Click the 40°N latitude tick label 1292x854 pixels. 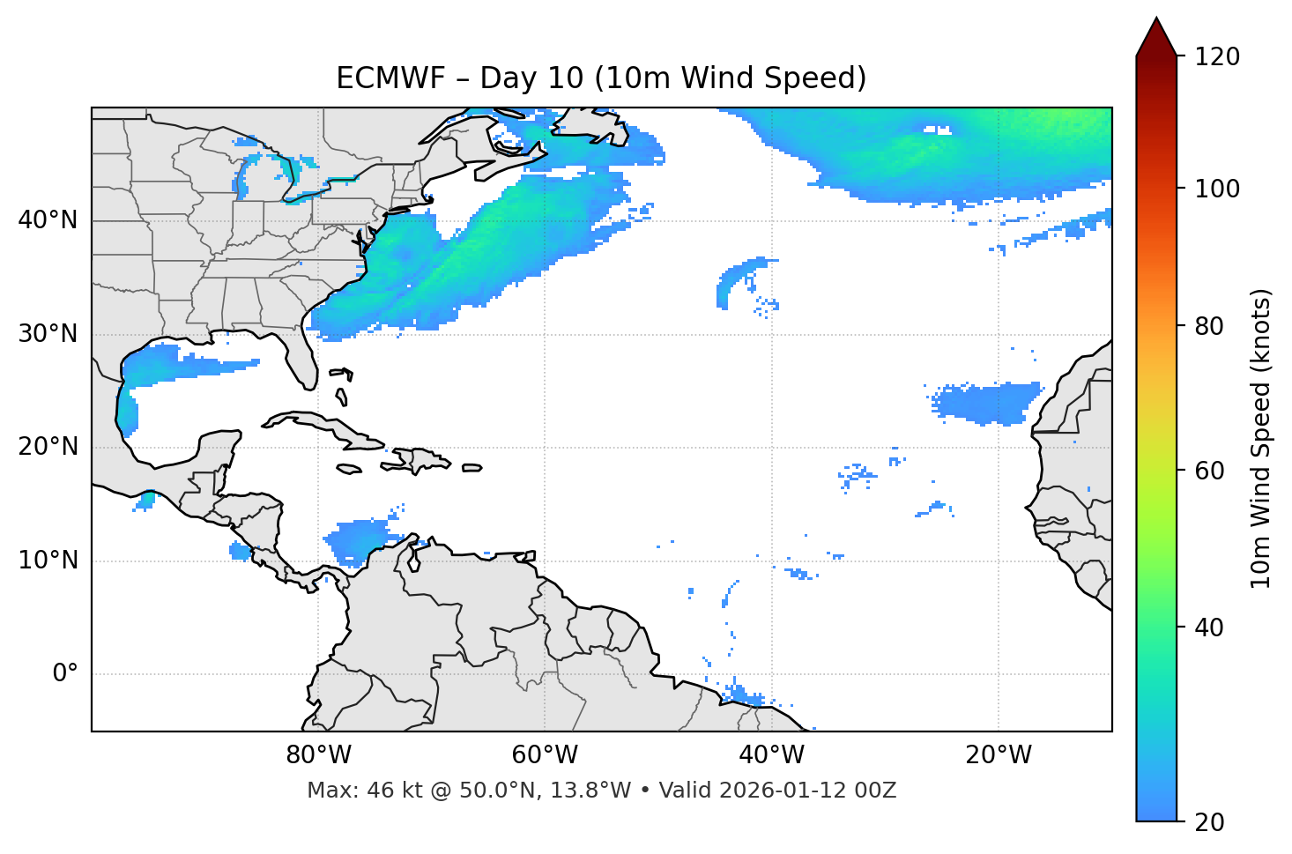click(x=48, y=220)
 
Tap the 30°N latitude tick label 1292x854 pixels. click(x=48, y=334)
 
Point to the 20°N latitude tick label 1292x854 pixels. click(x=48, y=447)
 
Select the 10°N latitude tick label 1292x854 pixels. click(x=48, y=561)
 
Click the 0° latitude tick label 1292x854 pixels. click(x=64, y=674)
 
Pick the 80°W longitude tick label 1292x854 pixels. click(x=318, y=755)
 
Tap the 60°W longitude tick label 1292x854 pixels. click(x=545, y=755)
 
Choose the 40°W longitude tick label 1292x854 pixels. click(x=771, y=755)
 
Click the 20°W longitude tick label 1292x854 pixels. click(x=998, y=755)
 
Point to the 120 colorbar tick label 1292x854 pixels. click(x=1217, y=57)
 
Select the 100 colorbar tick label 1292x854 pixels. click(x=1217, y=189)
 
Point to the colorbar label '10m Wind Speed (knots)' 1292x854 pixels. click(x=1261, y=439)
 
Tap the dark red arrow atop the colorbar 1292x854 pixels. click(x=1156, y=37)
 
